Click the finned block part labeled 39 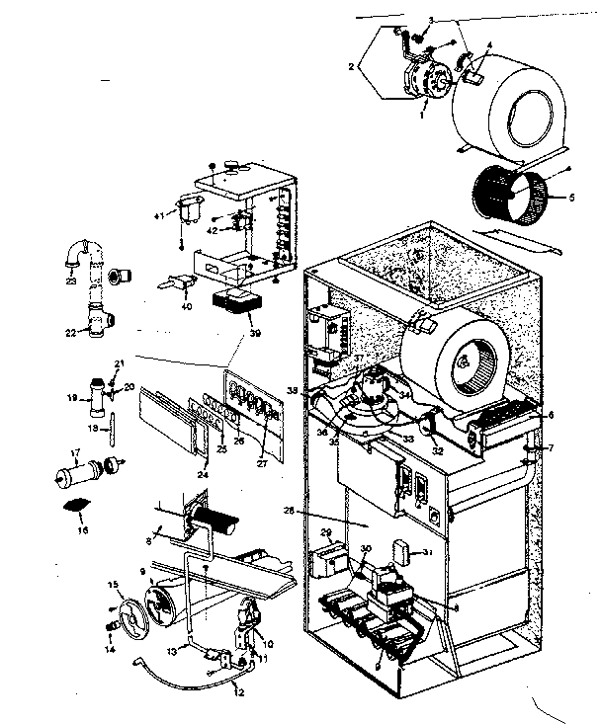236,300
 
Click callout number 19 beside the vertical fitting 71,399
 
